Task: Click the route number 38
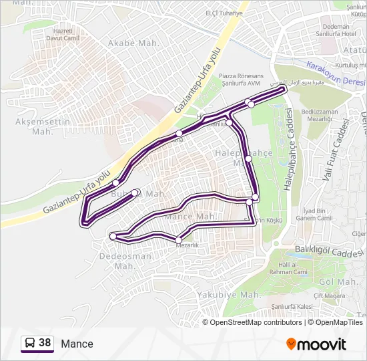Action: (45, 343)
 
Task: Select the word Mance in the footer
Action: (77, 344)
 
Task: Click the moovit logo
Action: (316, 344)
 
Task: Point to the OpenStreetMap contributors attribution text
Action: (256, 322)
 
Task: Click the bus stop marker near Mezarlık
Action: (179, 239)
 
